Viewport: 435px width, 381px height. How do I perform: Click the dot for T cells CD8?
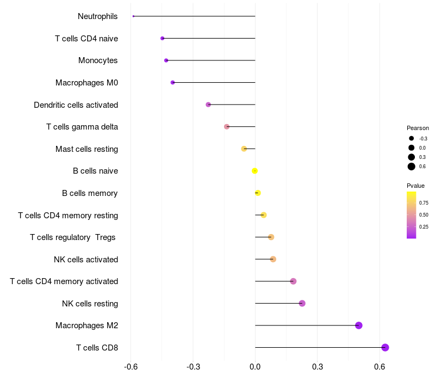click(x=385, y=348)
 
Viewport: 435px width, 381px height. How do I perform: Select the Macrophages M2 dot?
click(x=359, y=325)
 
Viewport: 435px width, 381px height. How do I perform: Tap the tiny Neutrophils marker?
click(x=133, y=16)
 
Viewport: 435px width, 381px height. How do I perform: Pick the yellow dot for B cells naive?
click(x=254, y=171)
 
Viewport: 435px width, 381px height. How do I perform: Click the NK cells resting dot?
click(x=302, y=303)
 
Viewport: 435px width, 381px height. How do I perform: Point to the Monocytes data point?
click(x=166, y=60)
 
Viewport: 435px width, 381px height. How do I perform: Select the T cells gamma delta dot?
click(x=227, y=127)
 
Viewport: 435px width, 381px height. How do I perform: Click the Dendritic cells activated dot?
click(x=208, y=105)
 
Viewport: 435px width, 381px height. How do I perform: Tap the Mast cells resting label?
click(x=86, y=149)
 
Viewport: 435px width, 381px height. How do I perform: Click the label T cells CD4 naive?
click(x=86, y=39)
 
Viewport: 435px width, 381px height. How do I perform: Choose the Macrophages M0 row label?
click(x=86, y=83)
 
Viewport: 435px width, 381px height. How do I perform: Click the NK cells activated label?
click(x=85, y=260)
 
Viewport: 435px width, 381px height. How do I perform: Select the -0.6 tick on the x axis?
click(x=130, y=367)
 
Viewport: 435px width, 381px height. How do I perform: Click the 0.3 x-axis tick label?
click(x=318, y=367)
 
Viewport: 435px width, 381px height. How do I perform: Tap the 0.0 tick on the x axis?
click(x=255, y=367)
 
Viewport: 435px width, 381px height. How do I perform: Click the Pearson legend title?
click(x=418, y=128)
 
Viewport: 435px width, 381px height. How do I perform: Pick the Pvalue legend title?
click(x=416, y=186)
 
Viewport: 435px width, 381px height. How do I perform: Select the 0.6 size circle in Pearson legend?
click(x=412, y=167)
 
